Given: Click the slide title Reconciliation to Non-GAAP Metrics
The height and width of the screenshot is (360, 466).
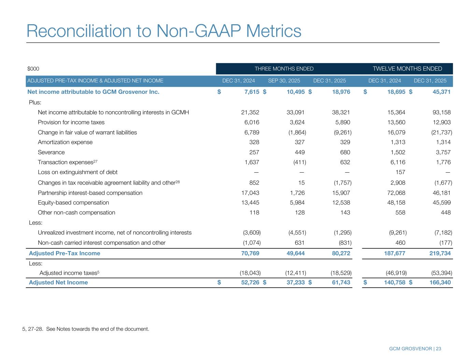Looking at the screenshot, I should tap(164, 31).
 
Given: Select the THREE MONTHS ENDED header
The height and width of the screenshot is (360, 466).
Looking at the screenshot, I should tap(284, 69).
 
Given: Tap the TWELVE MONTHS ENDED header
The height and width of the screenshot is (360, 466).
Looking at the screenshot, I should tap(407, 69).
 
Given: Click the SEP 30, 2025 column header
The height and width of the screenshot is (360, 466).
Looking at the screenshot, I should tap(284, 81).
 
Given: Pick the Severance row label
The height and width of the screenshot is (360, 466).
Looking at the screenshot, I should tap(51, 152).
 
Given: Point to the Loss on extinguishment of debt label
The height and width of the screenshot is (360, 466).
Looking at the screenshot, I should tap(77, 172).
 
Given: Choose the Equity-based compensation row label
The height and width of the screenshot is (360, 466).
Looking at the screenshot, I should tap(73, 203).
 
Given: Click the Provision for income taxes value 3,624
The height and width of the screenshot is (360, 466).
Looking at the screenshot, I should tap(296, 122).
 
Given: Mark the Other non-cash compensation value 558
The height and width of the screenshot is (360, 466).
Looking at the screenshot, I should tap(400, 213).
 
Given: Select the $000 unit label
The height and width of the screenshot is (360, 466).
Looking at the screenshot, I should tap(33, 69).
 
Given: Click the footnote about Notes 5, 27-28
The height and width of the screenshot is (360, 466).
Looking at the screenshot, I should tap(86, 329).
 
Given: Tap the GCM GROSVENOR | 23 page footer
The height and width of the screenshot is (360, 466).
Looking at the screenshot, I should tap(415, 349).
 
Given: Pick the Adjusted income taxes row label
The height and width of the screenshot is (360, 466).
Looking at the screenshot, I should tap(69, 273).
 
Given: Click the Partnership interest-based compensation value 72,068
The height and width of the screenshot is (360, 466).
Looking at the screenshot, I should tap(396, 193).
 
